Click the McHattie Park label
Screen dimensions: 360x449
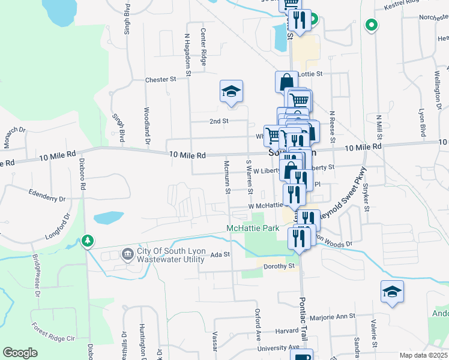click(x=253, y=228)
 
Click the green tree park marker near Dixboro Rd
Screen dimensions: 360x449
click(x=88, y=241)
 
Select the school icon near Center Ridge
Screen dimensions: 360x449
click(x=231, y=91)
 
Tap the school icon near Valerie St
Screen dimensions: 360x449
click(x=392, y=292)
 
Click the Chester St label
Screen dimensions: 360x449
click(x=160, y=79)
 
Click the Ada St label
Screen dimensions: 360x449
click(x=220, y=254)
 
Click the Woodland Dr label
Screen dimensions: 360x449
click(x=146, y=126)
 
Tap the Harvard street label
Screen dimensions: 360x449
click(x=270, y=331)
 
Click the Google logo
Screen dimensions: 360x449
click(x=20, y=353)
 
